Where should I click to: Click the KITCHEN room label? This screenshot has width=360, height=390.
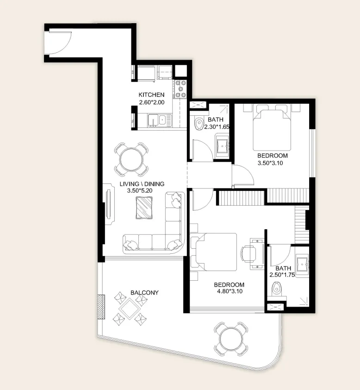151,95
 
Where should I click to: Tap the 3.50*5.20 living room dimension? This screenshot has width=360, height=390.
140,191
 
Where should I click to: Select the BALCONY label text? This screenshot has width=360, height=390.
144,293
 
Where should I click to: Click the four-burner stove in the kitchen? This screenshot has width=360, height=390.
180,88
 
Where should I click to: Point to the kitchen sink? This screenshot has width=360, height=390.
160,120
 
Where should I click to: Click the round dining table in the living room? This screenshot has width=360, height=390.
131,159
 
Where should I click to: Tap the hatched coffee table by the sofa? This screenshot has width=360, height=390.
144,208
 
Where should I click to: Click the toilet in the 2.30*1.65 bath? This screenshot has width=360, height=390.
199,124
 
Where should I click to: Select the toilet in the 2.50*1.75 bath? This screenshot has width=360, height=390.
276,289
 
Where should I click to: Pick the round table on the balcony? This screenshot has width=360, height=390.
231,339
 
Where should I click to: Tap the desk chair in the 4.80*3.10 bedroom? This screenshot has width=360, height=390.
248,254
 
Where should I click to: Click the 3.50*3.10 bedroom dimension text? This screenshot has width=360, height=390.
270,163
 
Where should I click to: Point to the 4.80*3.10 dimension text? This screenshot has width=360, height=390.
230,291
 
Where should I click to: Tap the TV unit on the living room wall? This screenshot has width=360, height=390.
109,204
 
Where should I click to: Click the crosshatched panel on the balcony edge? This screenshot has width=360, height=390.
101,307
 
